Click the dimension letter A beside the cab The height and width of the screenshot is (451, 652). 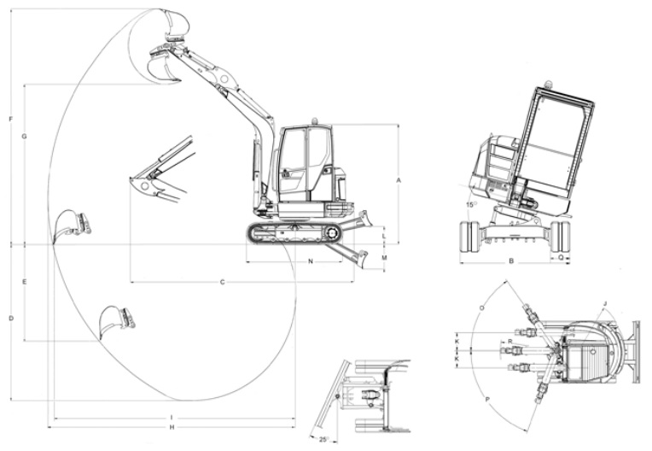399,180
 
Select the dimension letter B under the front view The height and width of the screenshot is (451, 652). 511,261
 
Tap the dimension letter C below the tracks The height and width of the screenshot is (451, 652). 222,281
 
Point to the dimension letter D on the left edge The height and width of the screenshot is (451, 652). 10,319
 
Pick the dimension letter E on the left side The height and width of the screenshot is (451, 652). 25,281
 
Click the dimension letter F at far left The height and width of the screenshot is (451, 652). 10,119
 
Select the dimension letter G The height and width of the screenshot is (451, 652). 25,137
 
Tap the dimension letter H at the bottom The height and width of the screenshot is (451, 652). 172,428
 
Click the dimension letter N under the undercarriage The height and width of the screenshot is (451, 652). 310,261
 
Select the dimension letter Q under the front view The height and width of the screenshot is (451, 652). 560,256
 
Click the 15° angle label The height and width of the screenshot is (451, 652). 470,205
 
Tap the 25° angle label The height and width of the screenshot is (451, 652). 323,440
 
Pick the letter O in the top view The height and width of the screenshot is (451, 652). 483,307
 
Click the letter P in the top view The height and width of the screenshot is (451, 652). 486,399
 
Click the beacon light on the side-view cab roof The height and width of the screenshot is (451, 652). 314,121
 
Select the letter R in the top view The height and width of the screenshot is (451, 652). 509,341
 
